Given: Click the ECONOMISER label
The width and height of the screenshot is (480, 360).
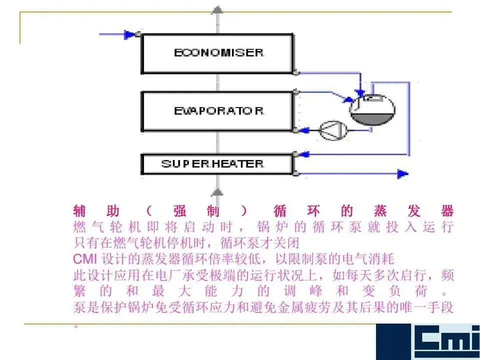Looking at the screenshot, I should point(218,53).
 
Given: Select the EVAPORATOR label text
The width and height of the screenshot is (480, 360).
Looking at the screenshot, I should point(218,111).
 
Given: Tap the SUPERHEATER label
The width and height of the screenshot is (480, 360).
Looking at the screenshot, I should point(212,164).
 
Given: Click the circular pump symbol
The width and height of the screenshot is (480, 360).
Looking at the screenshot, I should point(330,130).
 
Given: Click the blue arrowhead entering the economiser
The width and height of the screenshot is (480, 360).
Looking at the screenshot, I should point(130,34).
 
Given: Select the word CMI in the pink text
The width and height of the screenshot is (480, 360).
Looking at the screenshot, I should point(85,259).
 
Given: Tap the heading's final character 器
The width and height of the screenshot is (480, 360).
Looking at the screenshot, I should point(447,210).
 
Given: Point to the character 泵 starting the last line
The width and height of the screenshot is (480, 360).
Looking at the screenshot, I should point(79,307).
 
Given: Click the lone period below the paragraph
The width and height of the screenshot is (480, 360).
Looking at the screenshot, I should point(76,325).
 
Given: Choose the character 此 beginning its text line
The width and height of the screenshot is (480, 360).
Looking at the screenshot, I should point(79,275).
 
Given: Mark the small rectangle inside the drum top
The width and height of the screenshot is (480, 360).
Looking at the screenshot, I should point(370,98).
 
